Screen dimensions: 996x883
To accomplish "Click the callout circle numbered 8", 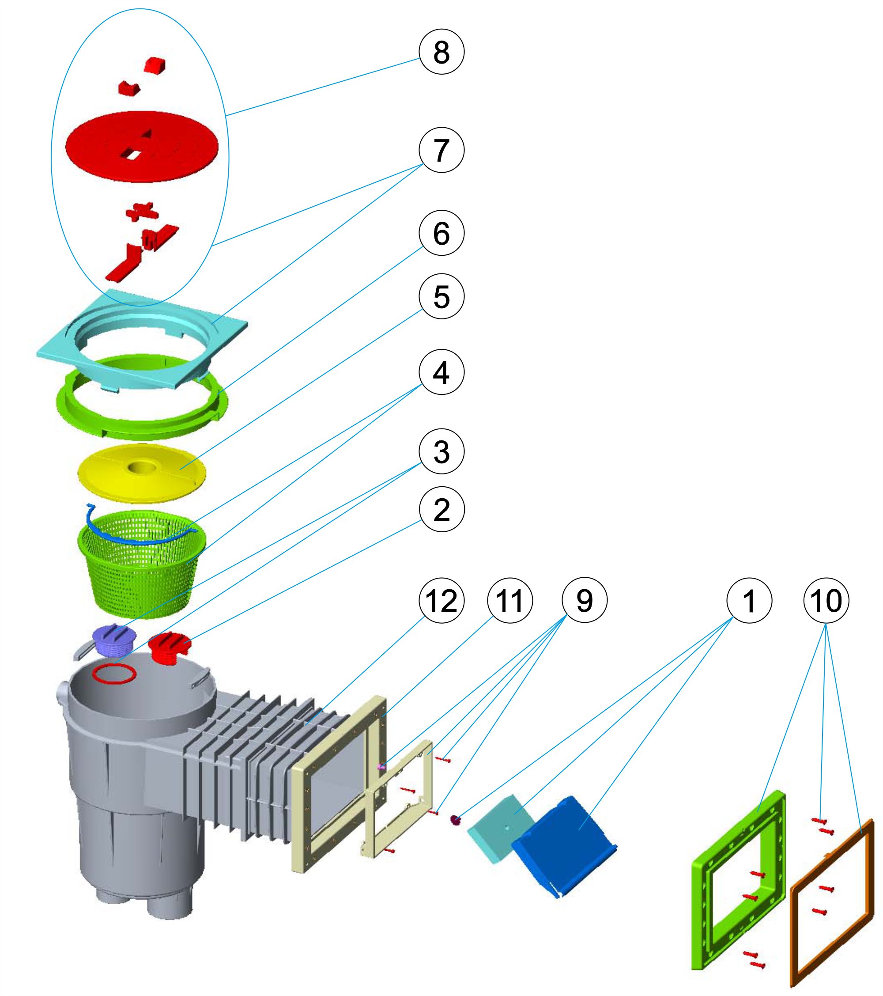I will pos(441,52).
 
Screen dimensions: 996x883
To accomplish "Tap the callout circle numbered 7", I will pos(441,150).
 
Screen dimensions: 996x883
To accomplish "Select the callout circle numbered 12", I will pos(441,601).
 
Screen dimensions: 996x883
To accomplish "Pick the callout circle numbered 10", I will pos(826,601).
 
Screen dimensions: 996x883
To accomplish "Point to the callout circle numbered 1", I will pos(749,601).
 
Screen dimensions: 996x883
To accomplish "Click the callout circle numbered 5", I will pos(441,296).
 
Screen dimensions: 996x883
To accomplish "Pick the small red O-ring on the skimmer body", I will pos(114,674).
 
